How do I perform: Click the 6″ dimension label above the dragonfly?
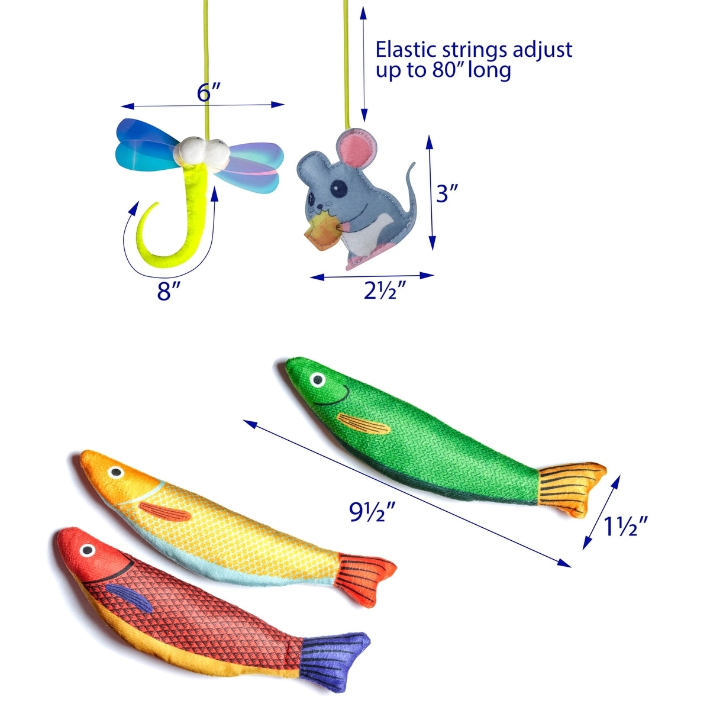[208, 92]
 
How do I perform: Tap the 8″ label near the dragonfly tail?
[169, 291]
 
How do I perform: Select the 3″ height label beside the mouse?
[448, 193]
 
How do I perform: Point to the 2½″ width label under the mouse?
[385, 291]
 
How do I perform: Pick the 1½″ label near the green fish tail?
[626, 525]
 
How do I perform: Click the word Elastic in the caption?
[410, 49]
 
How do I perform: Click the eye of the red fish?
[87, 551]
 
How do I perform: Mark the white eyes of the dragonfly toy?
[201, 151]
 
